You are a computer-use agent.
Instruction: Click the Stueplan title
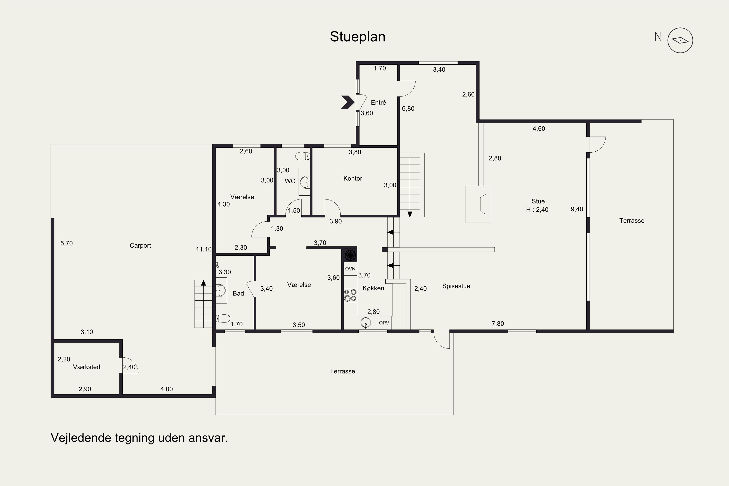click(357, 37)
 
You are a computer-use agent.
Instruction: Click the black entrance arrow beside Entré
click(348, 102)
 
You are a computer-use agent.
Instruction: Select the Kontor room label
click(353, 179)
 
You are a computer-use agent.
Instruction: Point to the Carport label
click(140, 245)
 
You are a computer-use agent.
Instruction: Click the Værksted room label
click(87, 367)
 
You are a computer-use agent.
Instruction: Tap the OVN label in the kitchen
click(350, 269)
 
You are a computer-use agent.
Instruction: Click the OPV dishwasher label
click(384, 323)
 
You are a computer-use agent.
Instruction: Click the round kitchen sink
click(366, 323)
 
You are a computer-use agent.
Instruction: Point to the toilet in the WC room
click(303, 156)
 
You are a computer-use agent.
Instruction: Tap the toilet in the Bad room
click(223, 318)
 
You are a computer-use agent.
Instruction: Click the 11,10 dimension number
click(204, 249)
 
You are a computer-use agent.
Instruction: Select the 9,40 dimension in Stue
click(577, 209)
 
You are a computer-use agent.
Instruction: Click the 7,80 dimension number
click(498, 324)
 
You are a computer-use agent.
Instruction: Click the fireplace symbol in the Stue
click(478, 204)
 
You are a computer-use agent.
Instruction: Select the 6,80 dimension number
click(408, 108)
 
